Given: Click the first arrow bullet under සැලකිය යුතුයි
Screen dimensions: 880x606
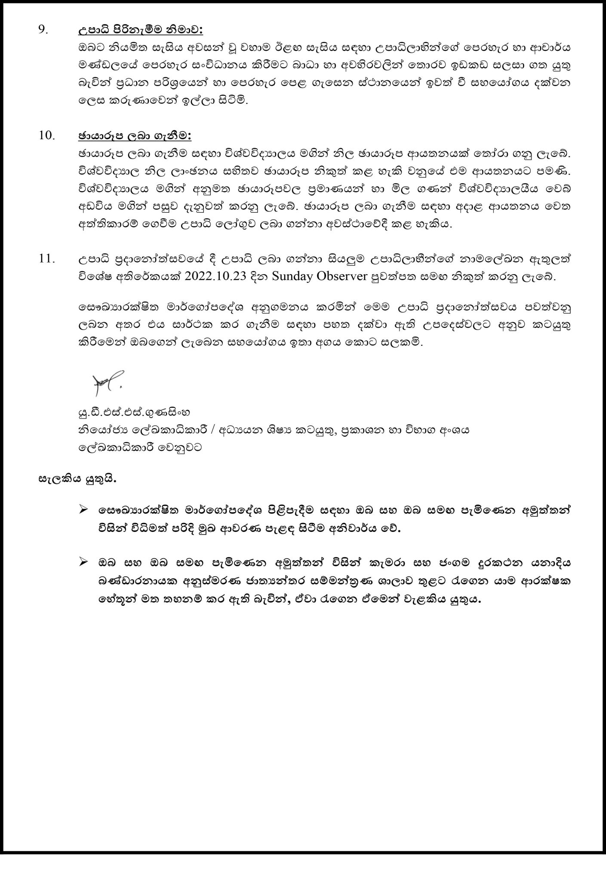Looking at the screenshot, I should [x=84, y=510].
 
